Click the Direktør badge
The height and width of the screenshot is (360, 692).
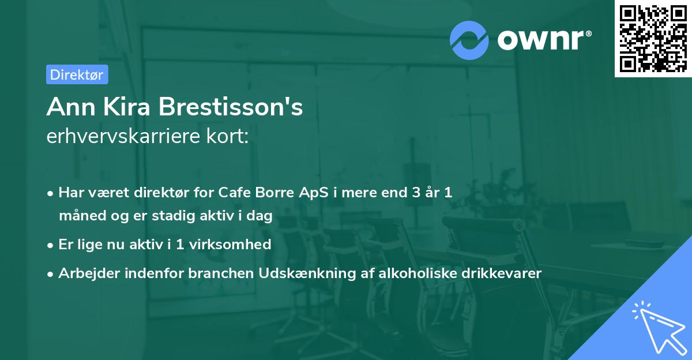[77, 74]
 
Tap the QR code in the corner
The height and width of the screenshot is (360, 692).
[653, 38]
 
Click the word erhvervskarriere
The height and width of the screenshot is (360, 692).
[126, 138]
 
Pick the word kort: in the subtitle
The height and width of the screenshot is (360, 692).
[229, 138]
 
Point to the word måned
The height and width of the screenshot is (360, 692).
[80, 216]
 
